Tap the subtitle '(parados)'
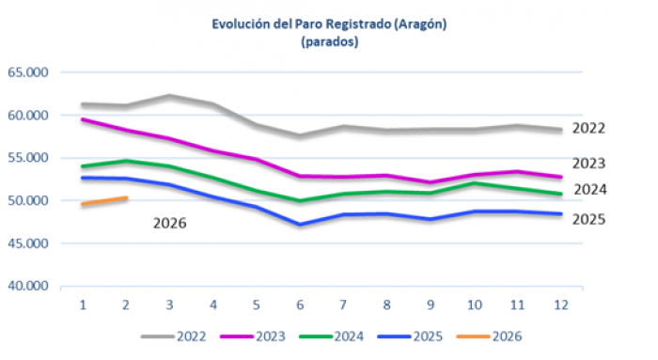coord(329,42)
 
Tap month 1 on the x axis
coord(83,305)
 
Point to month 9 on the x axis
coord(431,305)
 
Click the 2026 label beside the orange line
coord(171,224)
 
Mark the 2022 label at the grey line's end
coord(590,129)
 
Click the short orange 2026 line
coord(104,201)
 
